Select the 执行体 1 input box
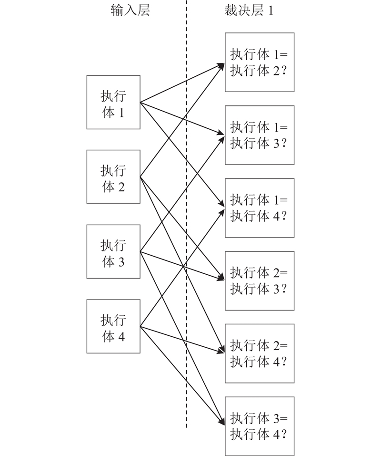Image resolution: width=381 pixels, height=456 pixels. (113, 102)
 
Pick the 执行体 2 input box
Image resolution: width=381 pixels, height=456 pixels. (113, 177)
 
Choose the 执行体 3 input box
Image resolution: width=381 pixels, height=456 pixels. (113, 252)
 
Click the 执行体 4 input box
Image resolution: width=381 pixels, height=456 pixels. (113, 327)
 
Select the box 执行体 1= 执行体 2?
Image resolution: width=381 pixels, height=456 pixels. (260, 62)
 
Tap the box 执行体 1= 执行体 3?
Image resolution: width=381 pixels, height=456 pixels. (260, 135)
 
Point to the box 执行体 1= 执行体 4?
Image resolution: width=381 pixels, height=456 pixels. (260, 208)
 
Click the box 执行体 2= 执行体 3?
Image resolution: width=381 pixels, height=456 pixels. (260, 281)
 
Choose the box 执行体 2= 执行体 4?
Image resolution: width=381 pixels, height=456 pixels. (260, 353)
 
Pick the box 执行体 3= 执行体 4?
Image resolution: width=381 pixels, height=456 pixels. (260, 426)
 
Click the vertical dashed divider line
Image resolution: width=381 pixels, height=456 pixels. (186, 215)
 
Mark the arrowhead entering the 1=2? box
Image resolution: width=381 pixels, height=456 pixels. (222, 64)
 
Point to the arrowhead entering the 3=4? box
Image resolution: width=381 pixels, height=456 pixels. (222, 422)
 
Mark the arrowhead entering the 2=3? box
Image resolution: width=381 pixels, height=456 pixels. (222, 279)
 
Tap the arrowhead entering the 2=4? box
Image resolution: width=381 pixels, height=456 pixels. (222, 352)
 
